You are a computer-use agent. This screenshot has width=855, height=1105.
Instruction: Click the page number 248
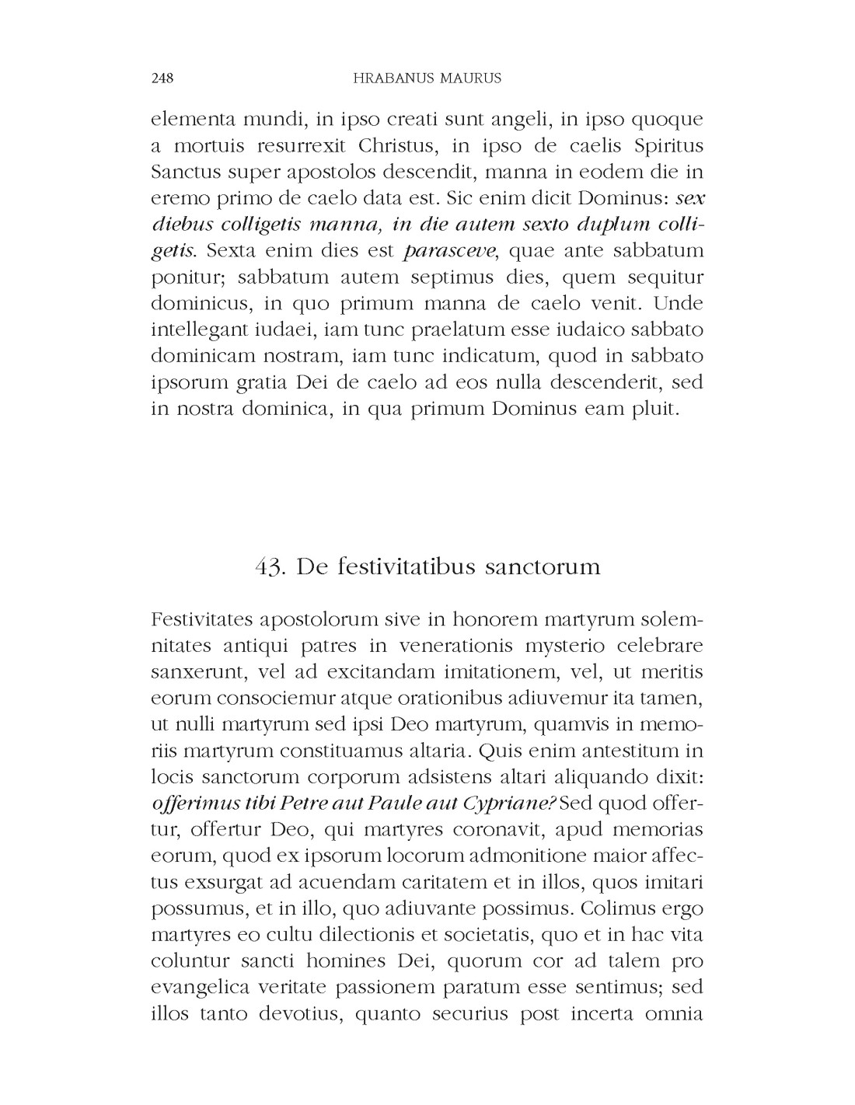point(162,78)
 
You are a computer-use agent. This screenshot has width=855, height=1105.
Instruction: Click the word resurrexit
point(298,146)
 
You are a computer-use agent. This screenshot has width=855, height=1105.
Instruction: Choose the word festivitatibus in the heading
point(404,566)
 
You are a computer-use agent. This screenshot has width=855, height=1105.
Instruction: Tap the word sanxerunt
point(195,671)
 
